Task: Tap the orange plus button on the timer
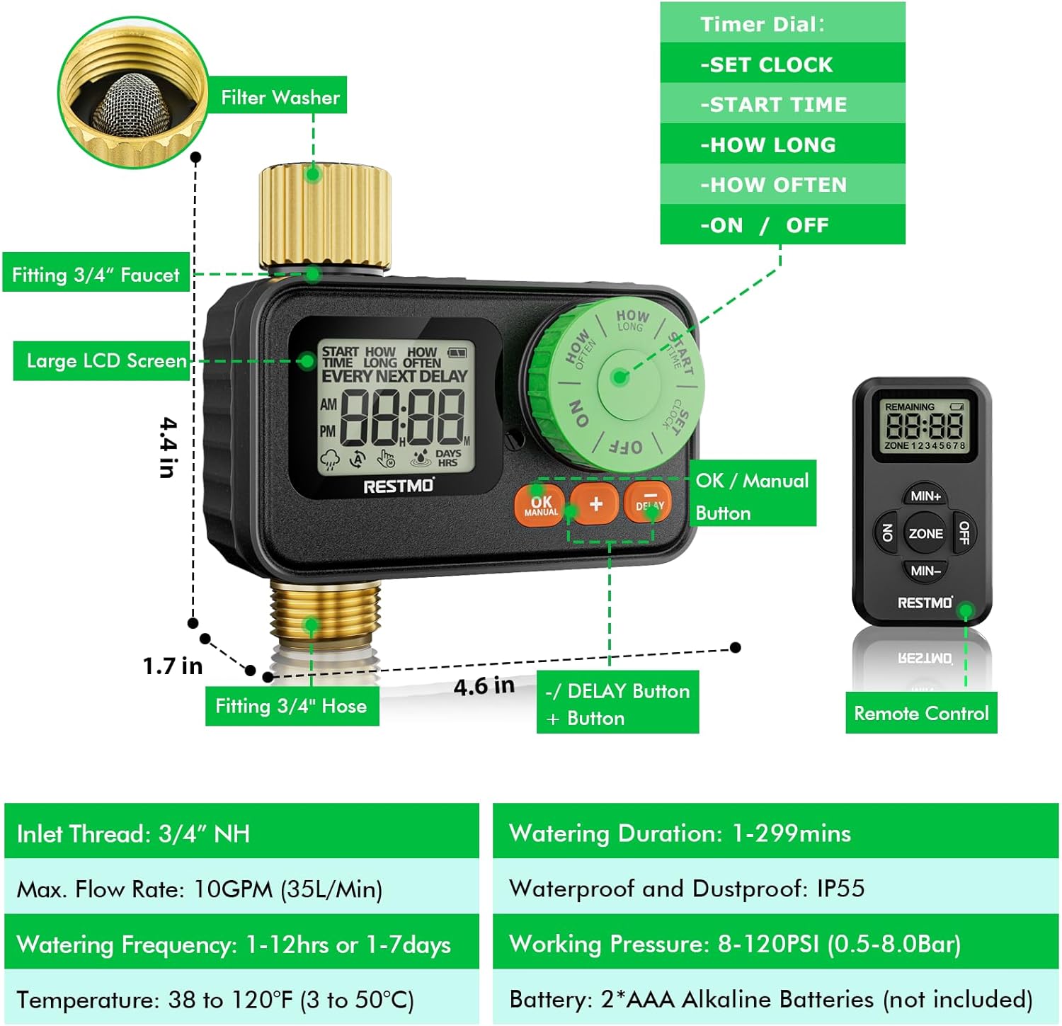(x=596, y=503)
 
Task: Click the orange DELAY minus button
(x=648, y=502)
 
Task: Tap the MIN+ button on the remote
(x=925, y=496)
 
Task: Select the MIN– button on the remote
(x=925, y=571)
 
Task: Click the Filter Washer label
(x=280, y=97)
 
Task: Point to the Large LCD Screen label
(x=106, y=361)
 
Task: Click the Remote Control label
(x=921, y=713)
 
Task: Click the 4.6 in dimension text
(x=484, y=685)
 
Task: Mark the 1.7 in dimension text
(x=173, y=666)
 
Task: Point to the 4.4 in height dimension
(x=168, y=448)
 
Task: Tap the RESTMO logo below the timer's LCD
(x=398, y=486)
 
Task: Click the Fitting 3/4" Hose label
(x=291, y=706)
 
